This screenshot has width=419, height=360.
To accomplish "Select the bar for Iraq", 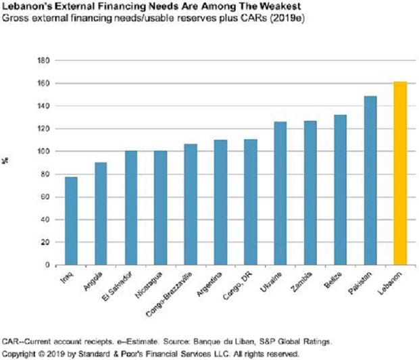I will (x=70, y=221).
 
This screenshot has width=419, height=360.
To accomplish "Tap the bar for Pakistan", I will (x=370, y=180).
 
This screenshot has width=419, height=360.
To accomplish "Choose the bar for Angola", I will (x=100, y=213).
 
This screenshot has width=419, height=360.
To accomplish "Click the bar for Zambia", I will (x=310, y=192).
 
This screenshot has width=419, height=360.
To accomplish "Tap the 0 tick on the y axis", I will (x=48, y=265).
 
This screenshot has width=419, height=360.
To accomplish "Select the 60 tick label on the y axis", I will (x=46, y=197).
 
